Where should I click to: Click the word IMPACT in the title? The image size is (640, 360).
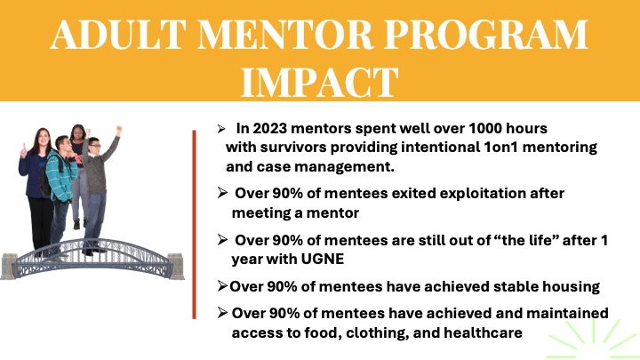point(320,82)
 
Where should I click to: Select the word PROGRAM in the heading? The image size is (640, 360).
point(486,35)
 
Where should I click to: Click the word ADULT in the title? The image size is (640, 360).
point(118,35)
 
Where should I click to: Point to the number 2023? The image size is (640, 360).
point(270,129)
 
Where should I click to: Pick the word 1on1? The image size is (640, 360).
point(500,147)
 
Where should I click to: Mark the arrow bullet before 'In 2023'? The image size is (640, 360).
point(221,130)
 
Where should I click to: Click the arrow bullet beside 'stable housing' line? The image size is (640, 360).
point(222,286)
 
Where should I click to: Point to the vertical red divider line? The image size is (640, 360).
point(195,225)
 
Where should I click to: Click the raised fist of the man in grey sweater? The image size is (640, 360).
point(119,130)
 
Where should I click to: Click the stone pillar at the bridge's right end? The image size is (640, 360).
point(176,266)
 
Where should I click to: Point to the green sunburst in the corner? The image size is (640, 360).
point(594,339)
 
